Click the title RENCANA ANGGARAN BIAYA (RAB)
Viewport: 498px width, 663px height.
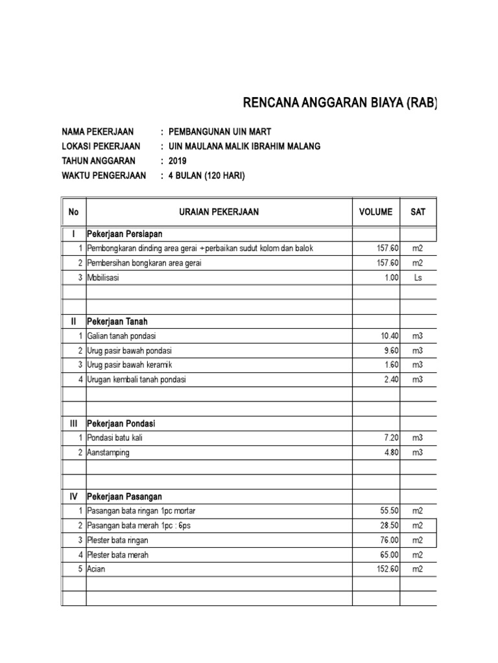[340, 103]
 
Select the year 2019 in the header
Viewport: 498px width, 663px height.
[177, 161]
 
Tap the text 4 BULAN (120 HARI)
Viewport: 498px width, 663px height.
[207, 175]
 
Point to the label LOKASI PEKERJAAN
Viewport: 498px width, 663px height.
[101, 146]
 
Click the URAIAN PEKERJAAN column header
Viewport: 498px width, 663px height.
[219, 212]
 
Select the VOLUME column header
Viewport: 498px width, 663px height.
[375, 212]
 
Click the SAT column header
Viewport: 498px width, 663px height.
[418, 212]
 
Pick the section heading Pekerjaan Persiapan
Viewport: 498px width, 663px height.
[124, 234]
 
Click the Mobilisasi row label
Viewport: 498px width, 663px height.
[104, 277]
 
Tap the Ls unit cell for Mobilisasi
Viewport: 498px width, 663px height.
[418, 277]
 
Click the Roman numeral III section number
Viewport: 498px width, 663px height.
[73, 423]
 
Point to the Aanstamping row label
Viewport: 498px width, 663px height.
[108, 453]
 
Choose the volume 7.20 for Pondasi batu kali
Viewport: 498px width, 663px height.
[392, 438]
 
